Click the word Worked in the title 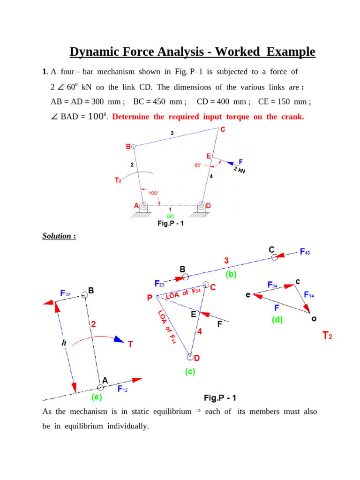pyautogui.click(x=238, y=52)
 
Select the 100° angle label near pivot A pyautogui.click(x=153, y=193)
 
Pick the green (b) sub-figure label pyautogui.click(x=231, y=275)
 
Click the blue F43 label pyautogui.click(x=305, y=252)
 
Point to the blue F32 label pyautogui.click(x=66, y=293)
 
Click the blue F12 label pyautogui.click(x=123, y=389)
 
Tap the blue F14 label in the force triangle pyautogui.click(x=309, y=295)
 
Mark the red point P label pyautogui.click(x=149, y=298)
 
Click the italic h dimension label pyautogui.click(x=63, y=343)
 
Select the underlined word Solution pyautogui.click(x=58, y=236)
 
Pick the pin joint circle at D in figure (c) pyautogui.click(x=190, y=358)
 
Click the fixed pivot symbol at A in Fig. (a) pyautogui.click(x=143, y=206)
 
